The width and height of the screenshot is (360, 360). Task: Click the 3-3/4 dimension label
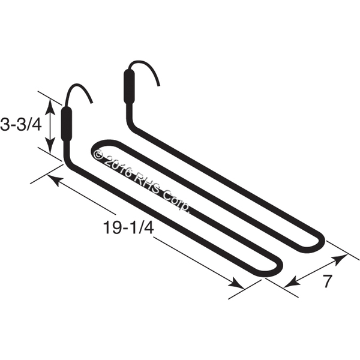(x=20, y=125)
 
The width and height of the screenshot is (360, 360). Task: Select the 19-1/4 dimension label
(x=128, y=227)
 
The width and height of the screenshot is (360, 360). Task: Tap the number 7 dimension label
(x=328, y=281)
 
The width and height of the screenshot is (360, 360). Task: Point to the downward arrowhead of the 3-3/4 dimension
(x=50, y=145)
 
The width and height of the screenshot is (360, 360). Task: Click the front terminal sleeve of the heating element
(x=67, y=124)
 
